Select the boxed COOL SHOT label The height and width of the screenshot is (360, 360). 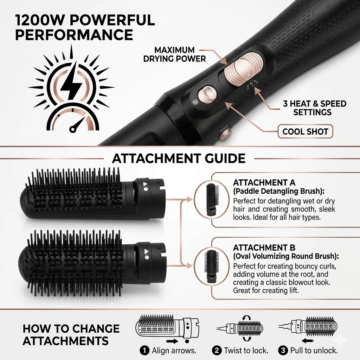point(305,131)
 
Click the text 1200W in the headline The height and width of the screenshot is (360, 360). point(40,20)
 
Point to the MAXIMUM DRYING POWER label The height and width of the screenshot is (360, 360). point(174,54)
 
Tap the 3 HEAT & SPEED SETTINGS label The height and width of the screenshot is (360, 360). point(315,108)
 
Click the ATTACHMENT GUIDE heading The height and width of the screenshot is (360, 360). point(179,159)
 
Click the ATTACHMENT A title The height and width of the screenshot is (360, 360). point(264,183)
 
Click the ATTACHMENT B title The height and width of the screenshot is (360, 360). point(264,248)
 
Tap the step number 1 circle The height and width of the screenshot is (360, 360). point(144,351)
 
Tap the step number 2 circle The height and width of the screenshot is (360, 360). point(217,351)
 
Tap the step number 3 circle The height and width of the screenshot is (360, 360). point(283,351)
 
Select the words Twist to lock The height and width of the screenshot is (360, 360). point(246,351)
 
